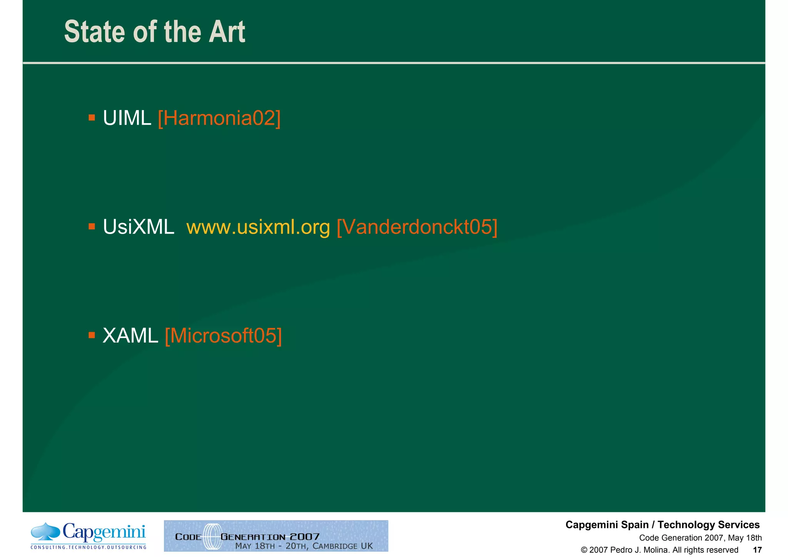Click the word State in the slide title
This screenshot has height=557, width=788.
(95, 32)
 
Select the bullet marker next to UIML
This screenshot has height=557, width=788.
(92, 117)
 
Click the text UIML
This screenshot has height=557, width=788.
(127, 118)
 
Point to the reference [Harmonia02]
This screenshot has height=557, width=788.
(219, 118)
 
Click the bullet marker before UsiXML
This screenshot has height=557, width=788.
(92, 226)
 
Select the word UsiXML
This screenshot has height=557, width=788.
(138, 227)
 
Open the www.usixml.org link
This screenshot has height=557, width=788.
(258, 227)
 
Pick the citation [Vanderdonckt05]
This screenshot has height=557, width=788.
(417, 227)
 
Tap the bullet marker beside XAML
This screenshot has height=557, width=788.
(92, 335)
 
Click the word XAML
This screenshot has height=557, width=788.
(130, 336)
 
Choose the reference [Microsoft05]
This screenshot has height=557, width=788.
(223, 336)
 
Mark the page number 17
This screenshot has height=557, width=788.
(757, 550)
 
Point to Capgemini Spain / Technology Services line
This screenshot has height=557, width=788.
(663, 525)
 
